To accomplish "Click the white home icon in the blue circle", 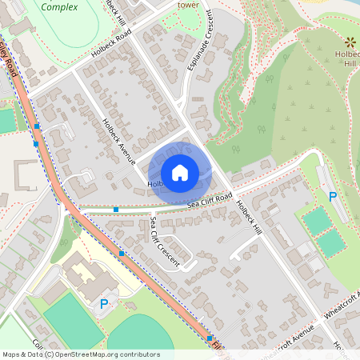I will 180,172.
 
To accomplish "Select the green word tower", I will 188,4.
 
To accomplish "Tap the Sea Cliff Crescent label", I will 164,241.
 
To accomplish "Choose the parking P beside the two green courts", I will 334,197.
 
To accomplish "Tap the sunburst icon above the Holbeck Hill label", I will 350,42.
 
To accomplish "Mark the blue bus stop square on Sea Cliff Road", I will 116,210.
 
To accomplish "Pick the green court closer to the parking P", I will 317,220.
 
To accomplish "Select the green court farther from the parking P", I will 330,242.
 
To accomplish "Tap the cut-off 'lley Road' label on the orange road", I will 11,60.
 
